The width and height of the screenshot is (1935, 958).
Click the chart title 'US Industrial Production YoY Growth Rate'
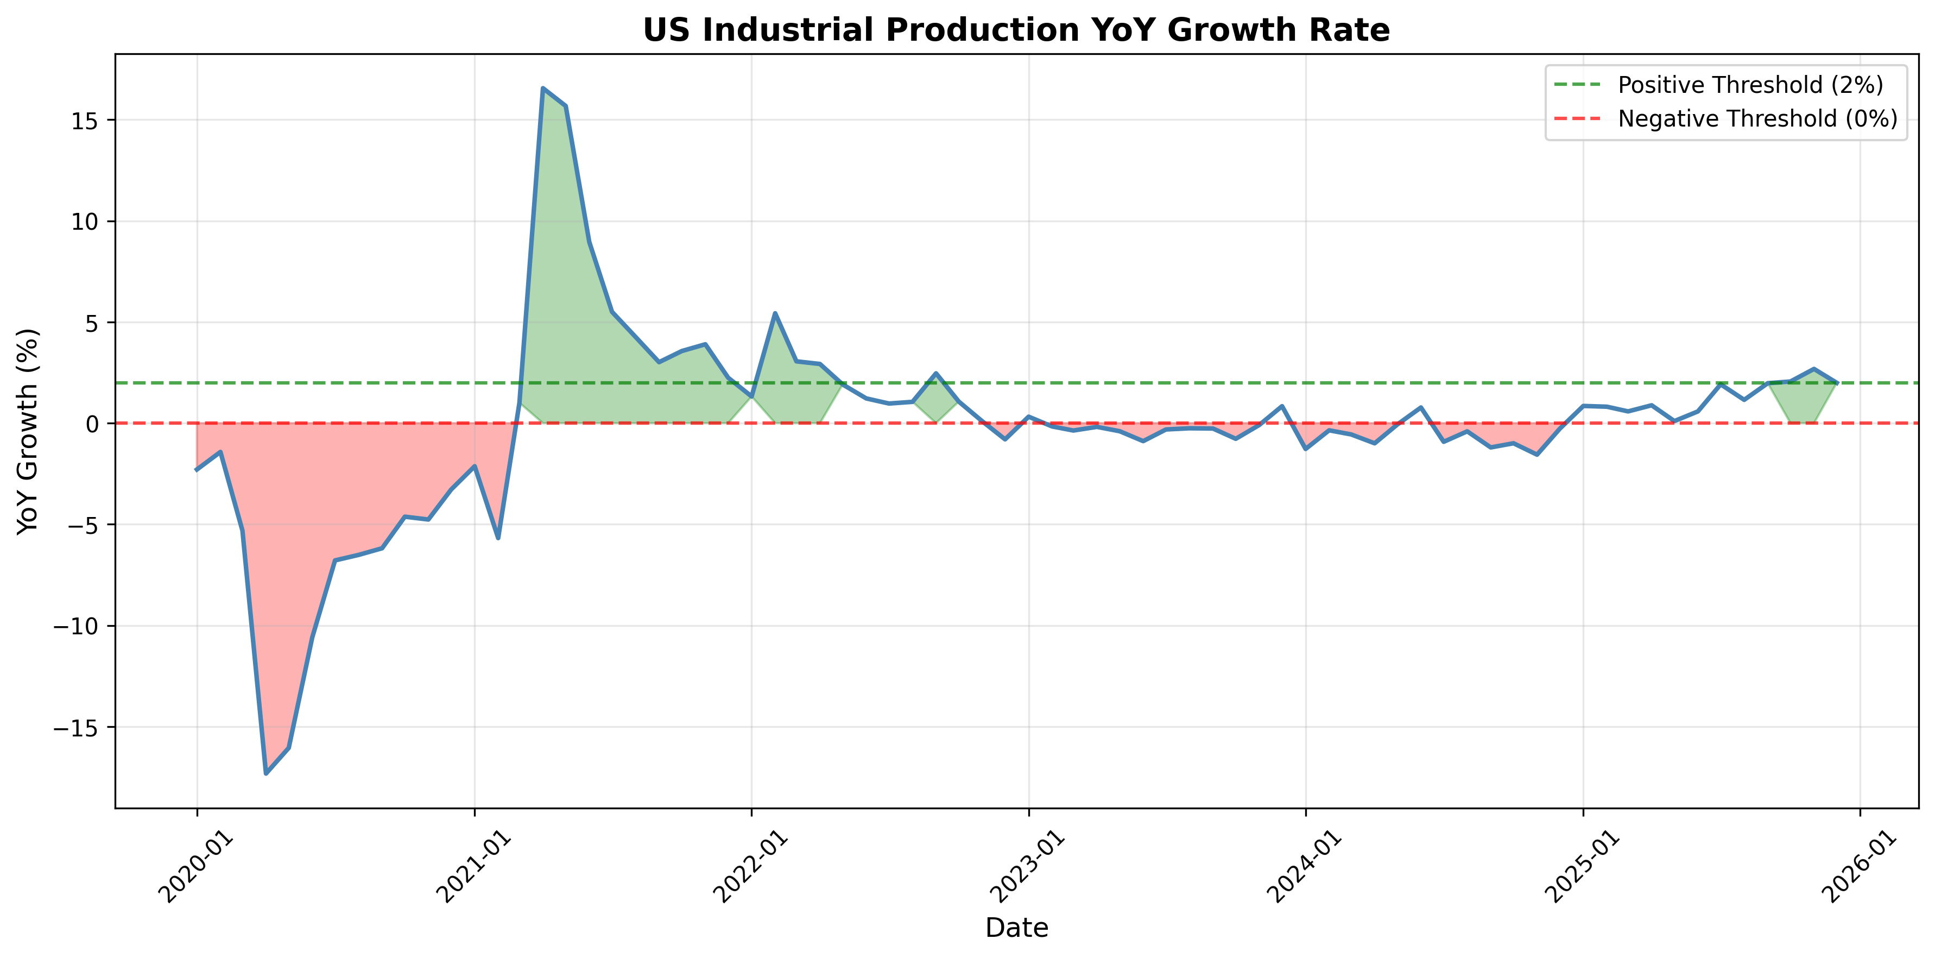pyautogui.click(x=1016, y=30)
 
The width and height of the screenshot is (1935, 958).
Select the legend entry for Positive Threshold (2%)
pyautogui.click(x=1750, y=85)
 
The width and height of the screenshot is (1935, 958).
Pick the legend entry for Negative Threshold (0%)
pyautogui.click(x=1757, y=119)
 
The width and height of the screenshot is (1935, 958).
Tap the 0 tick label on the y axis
pyautogui.click(x=92, y=424)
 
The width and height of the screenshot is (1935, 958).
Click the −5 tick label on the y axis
pyautogui.click(x=82, y=525)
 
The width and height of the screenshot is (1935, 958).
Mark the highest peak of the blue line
pyautogui.click(x=542, y=88)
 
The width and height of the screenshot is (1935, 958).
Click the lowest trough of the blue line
pyautogui.click(x=266, y=773)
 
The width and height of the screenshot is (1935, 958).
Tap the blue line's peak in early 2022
pyautogui.click(x=774, y=313)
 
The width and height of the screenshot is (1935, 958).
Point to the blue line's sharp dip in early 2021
pyautogui.click(x=498, y=538)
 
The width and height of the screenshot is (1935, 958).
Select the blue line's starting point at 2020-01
pyautogui.click(x=197, y=470)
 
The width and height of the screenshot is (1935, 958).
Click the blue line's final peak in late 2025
pyautogui.click(x=1814, y=369)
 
